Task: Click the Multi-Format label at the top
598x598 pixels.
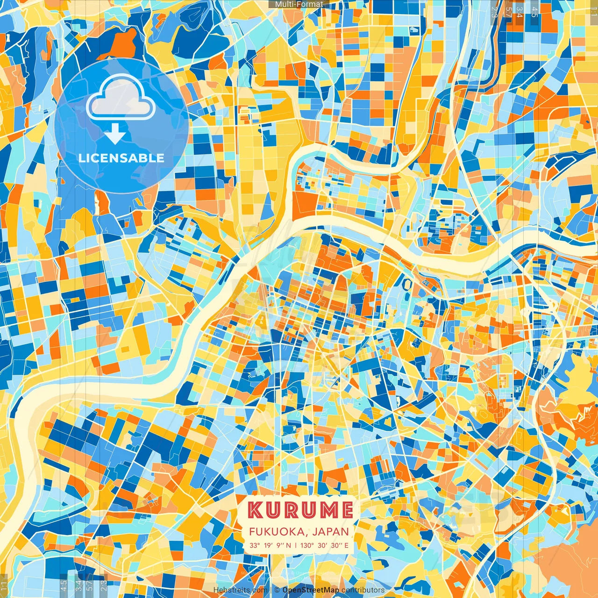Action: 299,4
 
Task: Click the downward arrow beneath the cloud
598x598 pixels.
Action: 115,135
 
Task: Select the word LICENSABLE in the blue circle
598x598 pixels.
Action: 121,158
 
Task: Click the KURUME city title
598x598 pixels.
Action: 300,510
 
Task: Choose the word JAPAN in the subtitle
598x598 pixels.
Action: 331,532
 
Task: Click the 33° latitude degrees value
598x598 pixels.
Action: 255,545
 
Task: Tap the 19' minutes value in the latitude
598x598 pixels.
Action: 269,545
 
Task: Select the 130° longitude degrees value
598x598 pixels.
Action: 307,545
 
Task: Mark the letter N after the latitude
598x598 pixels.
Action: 289,545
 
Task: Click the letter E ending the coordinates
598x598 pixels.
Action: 346,545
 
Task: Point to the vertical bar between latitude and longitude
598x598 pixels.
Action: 295,545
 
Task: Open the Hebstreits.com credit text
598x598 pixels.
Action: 241,590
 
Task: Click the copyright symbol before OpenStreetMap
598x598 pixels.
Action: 277,590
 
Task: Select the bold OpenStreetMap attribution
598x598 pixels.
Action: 311,590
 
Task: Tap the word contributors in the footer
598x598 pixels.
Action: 363,590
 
